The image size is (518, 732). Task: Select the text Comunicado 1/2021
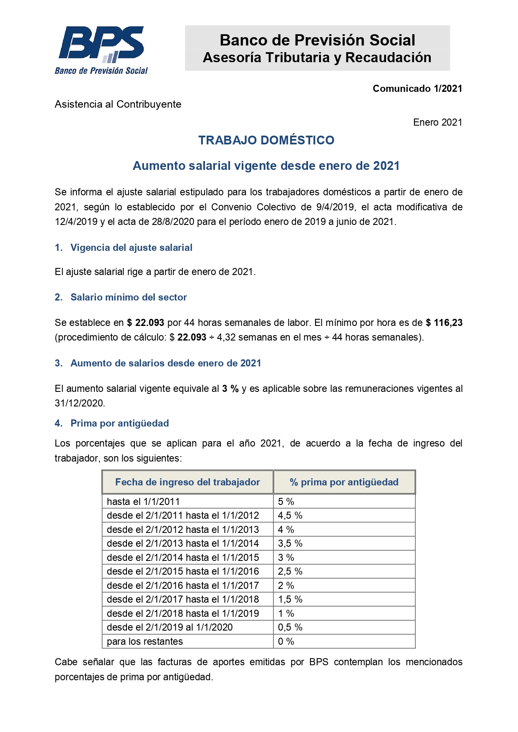[x=417, y=88]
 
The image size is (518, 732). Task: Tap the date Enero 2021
[x=437, y=122]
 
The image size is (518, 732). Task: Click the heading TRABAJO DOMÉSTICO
[x=266, y=140]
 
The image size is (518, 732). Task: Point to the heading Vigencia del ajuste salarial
[x=131, y=247]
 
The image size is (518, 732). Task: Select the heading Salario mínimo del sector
[x=129, y=297]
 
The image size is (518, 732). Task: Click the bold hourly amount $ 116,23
[x=444, y=323]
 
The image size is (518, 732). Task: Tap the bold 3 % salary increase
[x=230, y=389]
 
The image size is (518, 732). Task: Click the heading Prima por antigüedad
[x=119, y=423]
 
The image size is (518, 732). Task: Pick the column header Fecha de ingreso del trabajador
[x=187, y=482]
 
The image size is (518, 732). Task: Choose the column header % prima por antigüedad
[x=344, y=482]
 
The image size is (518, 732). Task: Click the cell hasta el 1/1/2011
[x=143, y=502]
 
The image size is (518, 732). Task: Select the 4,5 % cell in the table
[x=290, y=515]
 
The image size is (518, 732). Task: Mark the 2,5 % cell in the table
[x=290, y=571]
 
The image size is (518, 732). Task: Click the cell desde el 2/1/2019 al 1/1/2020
[x=169, y=627]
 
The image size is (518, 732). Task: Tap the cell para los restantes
[x=145, y=641]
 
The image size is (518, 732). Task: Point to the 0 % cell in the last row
[x=286, y=641]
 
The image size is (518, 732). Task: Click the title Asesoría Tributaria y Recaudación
[x=317, y=58]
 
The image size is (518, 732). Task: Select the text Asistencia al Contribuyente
[x=118, y=104]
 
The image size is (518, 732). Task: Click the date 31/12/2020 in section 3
[x=79, y=403]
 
